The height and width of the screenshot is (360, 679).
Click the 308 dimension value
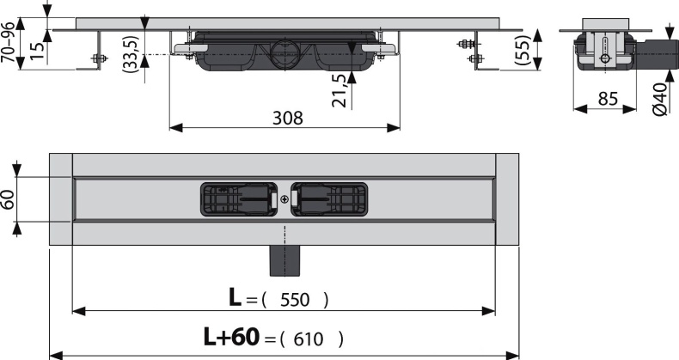287,118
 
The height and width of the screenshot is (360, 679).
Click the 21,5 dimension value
339,88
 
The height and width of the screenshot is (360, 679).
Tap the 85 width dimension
608,99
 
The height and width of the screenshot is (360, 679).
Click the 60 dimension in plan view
9,199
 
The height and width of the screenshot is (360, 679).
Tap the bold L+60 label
231,338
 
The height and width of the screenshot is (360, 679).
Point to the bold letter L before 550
235,298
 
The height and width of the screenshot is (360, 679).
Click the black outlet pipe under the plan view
283,260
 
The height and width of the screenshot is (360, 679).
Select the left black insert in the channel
238,199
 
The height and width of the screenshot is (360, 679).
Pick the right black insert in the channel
328,199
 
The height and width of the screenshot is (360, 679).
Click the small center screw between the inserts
284,199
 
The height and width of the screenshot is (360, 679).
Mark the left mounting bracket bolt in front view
97,58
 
